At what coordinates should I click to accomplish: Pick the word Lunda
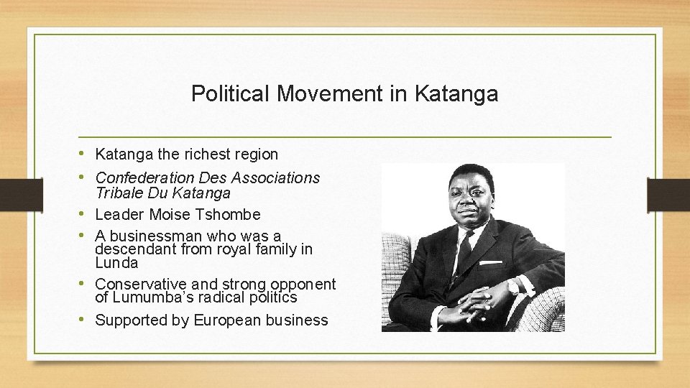tap(116, 263)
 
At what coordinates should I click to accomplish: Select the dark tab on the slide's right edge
tap(668, 194)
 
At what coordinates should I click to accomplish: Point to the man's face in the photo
tap(467, 198)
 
